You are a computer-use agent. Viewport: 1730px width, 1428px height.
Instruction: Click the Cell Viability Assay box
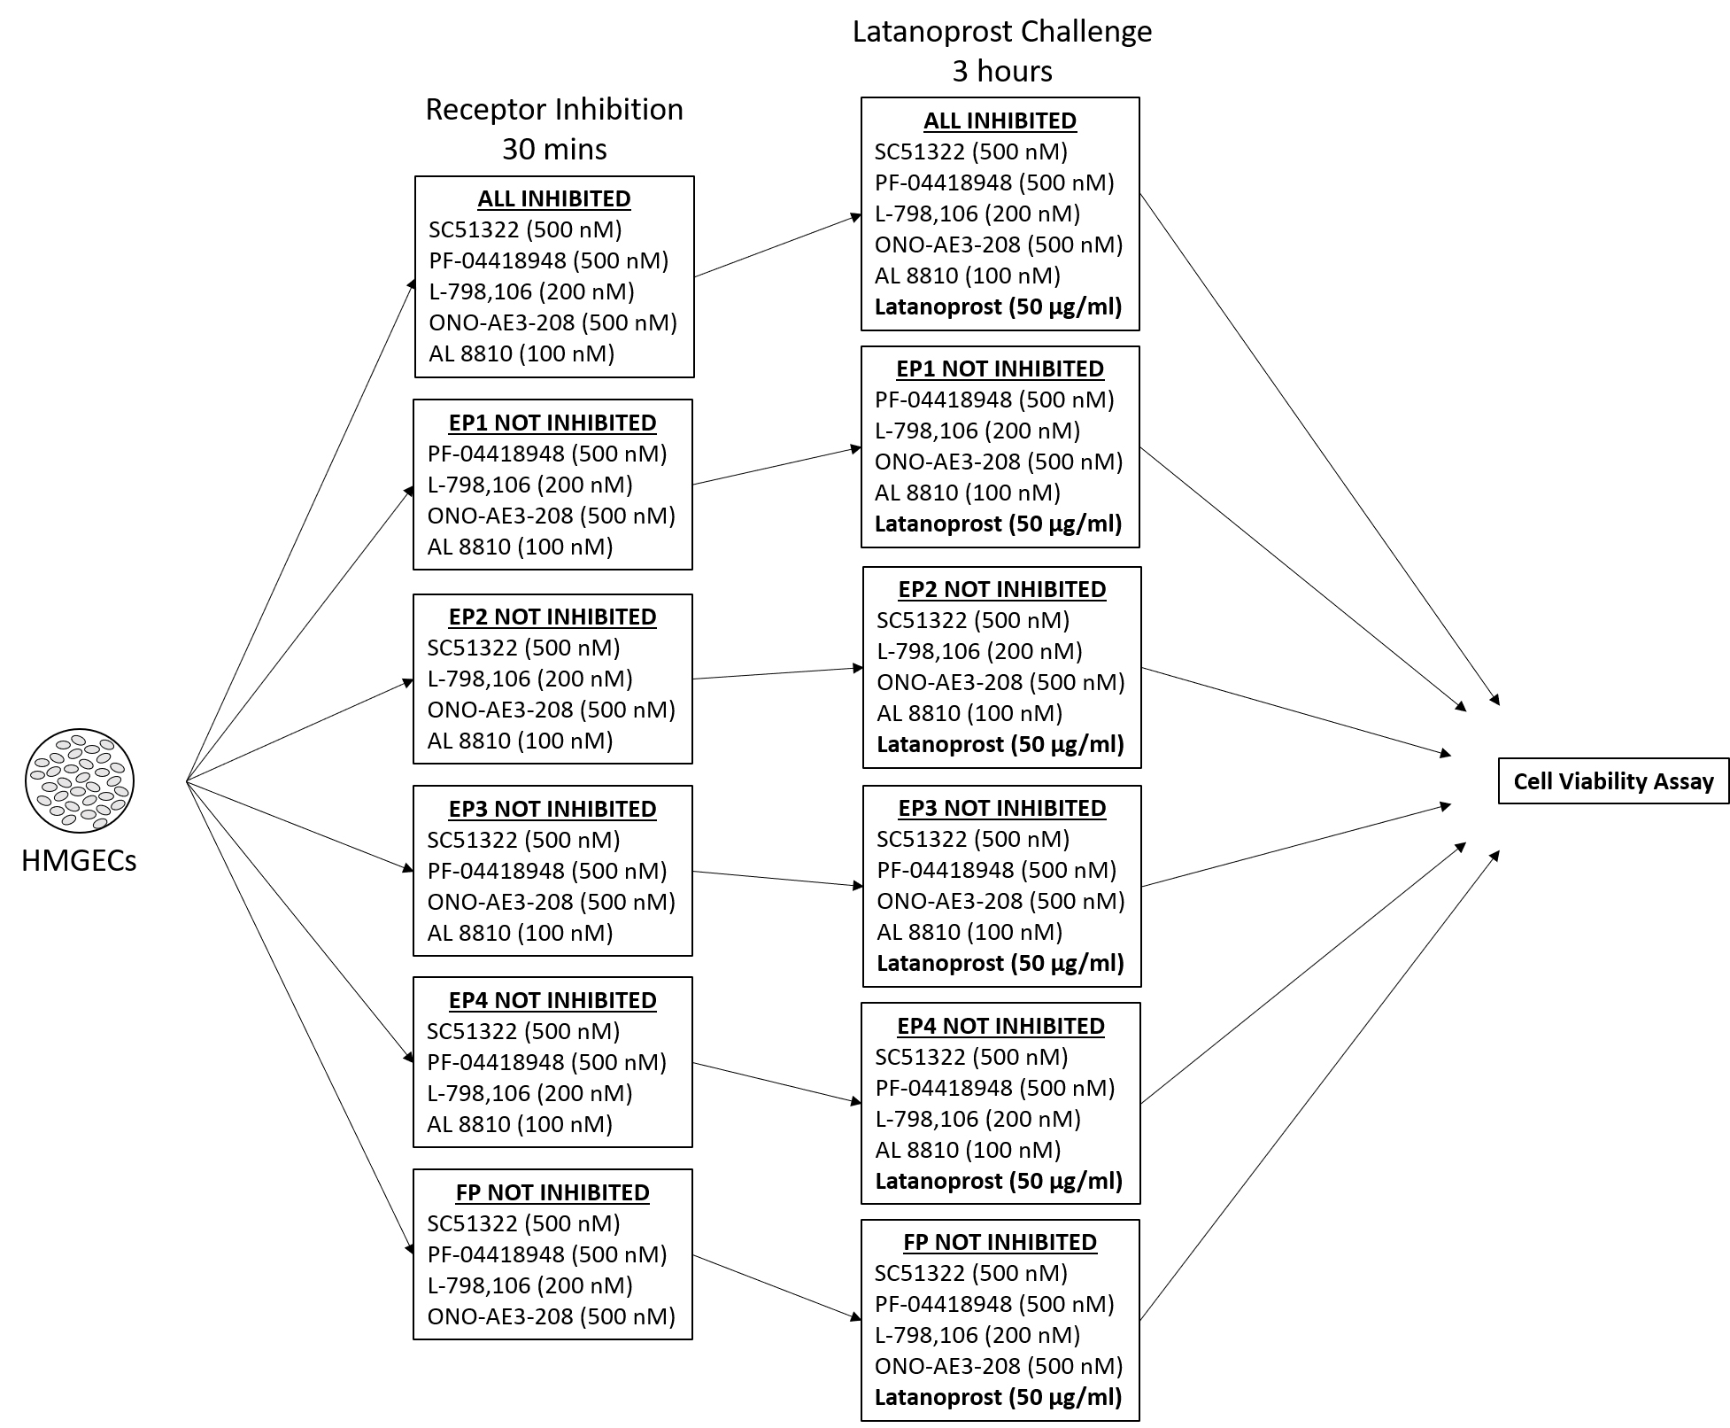[1612, 780]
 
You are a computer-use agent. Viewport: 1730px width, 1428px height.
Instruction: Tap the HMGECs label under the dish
[79, 860]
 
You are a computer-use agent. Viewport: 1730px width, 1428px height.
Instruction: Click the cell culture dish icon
[80, 780]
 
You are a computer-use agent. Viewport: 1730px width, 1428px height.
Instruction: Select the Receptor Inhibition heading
[554, 109]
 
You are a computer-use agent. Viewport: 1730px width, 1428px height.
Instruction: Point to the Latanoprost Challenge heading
[1002, 31]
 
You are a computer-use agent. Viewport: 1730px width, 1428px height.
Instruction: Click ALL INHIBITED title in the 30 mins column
[554, 198]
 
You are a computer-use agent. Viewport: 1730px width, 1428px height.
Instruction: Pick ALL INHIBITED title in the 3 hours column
[1000, 120]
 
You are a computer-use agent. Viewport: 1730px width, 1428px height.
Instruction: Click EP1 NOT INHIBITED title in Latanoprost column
[1000, 369]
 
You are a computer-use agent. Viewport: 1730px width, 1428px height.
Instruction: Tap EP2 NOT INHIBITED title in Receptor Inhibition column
[552, 617]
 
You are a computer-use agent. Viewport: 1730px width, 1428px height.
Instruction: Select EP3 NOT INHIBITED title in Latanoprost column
[1001, 808]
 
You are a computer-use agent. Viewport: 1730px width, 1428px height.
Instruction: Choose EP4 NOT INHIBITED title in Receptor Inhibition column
[552, 1000]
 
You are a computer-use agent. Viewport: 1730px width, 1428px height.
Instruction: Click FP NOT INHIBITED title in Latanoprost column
[1000, 1242]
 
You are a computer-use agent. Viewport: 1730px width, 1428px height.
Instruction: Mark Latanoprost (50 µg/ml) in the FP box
[998, 1397]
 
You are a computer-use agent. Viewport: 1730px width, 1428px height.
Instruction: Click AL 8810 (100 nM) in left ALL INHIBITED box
[521, 353]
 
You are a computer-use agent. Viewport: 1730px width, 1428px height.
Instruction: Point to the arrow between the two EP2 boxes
[777, 673]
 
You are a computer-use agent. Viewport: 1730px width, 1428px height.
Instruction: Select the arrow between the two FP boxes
[777, 1288]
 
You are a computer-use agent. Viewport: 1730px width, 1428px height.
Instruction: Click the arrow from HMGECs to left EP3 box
[301, 826]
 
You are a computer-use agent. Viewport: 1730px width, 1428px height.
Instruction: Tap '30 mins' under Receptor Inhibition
[554, 148]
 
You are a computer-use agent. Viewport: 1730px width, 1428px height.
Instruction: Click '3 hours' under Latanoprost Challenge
[1002, 71]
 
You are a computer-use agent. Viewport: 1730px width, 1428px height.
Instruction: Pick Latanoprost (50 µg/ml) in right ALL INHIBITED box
[998, 307]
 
